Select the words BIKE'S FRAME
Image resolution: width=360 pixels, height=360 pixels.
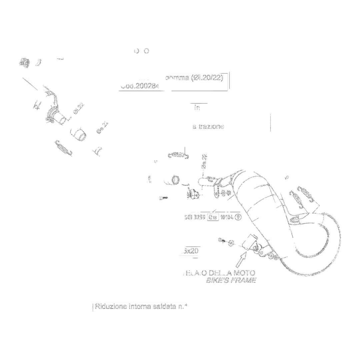point(231,280)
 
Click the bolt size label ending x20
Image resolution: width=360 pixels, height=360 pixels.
point(190,251)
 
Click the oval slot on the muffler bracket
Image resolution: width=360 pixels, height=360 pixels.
point(295,219)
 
